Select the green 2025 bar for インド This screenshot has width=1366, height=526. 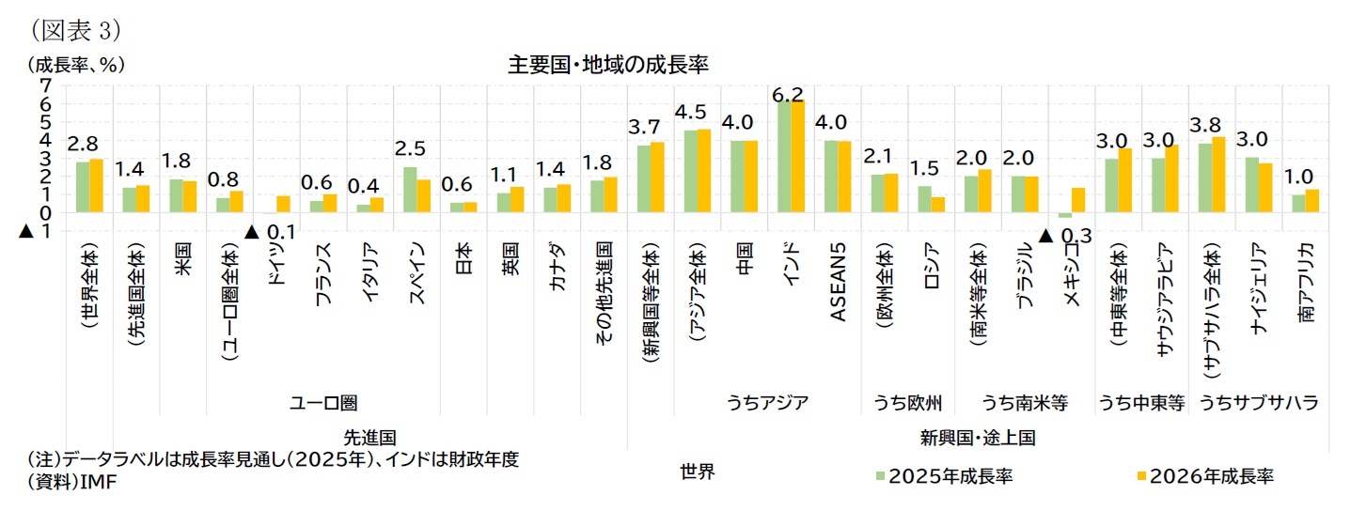pyautogui.click(x=784, y=156)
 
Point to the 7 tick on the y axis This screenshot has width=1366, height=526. pyautogui.click(x=45, y=85)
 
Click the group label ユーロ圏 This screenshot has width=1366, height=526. pyautogui.click(x=323, y=402)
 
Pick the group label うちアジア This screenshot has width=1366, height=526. pyautogui.click(x=767, y=402)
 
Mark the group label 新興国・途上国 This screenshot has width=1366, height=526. pyautogui.click(x=977, y=438)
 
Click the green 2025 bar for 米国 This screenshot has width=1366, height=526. pyautogui.click(x=175, y=196)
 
